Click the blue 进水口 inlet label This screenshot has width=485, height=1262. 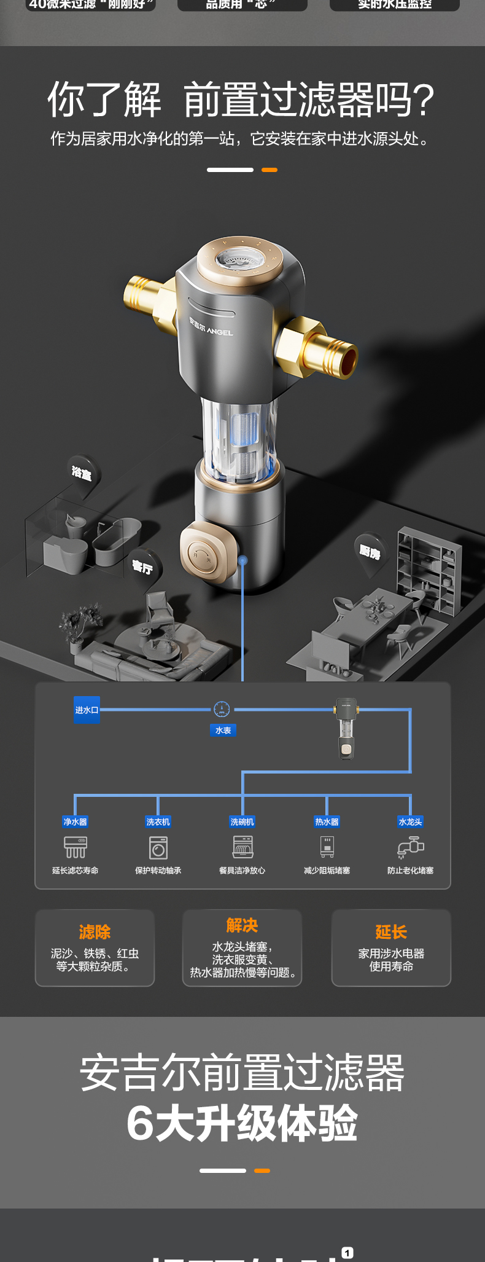(x=87, y=710)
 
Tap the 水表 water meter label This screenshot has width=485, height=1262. (x=223, y=731)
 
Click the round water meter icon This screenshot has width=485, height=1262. (x=222, y=710)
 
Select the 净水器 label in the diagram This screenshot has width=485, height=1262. (x=75, y=822)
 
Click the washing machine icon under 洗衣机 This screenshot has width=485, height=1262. (x=158, y=848)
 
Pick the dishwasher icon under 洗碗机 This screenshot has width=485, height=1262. (x=243, y=847)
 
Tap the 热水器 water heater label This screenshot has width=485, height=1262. (x=327, y=822)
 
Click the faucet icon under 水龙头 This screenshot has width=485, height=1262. (x=410, y=847)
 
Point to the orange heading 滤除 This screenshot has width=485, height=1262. (x=95, y=932)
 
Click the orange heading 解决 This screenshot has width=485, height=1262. (x=242, y=925)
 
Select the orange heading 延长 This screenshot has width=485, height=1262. (x=391, y=932)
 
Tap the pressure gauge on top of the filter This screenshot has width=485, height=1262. (x=240, y=261)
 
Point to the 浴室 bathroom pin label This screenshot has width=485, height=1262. (x=82, y=473)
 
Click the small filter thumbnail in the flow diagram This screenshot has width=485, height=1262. (x=346, y=728)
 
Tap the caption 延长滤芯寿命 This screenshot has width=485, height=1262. (x=75, y=871)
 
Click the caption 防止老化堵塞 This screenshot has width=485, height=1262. (x=410, y=871)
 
